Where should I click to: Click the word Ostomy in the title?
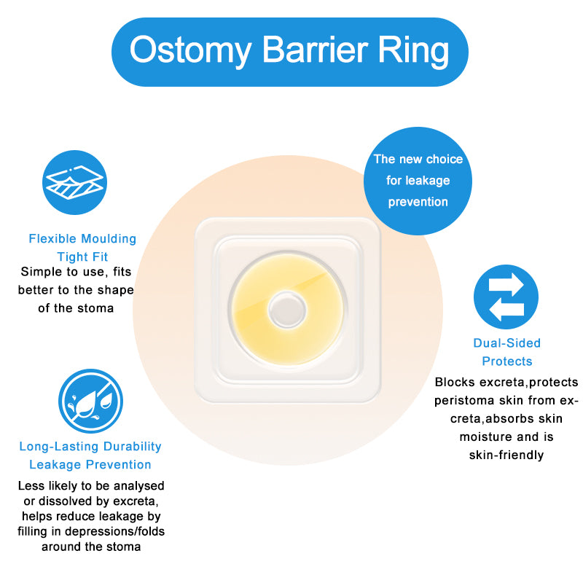(192, 51)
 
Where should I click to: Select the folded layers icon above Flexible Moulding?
(76, 183)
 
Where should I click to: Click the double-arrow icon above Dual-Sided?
(506, 297)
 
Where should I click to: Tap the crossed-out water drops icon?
(90, 401)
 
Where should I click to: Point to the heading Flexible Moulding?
(82, 238)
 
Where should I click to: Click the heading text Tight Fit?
(82, 257)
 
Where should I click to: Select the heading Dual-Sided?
(507, 343)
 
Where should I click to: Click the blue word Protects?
(507, 361)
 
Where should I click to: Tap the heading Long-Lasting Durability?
(90, 446)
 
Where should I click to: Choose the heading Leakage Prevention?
(90, 464)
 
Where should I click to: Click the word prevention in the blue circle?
(418, 202)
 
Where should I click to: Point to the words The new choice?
(418, 159)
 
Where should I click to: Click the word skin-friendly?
(506, 455)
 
